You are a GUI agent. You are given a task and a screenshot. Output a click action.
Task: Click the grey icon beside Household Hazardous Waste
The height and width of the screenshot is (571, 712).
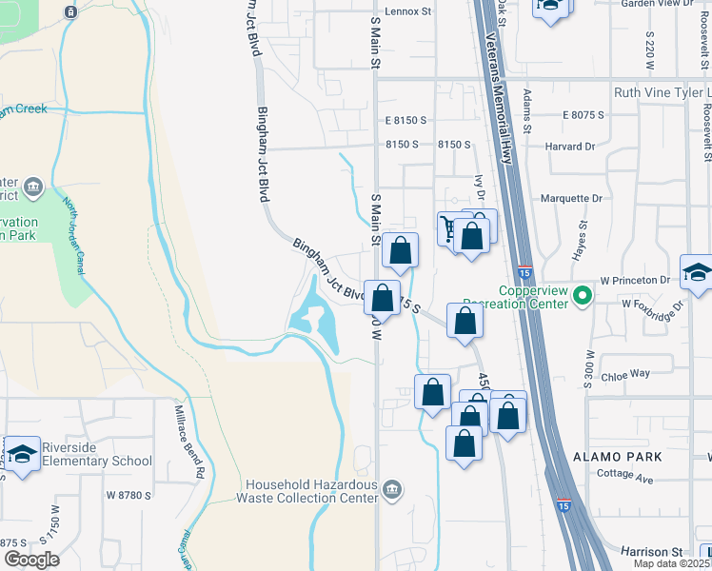coord(392,490)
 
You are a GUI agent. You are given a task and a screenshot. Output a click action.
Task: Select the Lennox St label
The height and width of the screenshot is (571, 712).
coord(408,12)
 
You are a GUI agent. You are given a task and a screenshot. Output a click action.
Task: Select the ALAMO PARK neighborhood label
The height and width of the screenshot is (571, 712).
coord(618,458)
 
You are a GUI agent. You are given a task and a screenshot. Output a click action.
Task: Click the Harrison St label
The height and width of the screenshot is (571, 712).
coord(651,551)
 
